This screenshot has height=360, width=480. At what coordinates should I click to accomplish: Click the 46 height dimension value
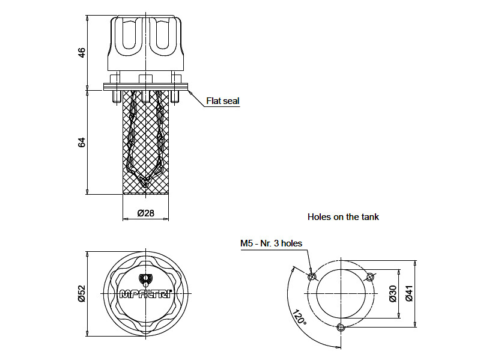tap(82, 52)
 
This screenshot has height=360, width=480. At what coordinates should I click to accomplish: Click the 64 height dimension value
tap(82, 142)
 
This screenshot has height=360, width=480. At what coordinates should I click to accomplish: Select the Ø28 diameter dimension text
tap(146, 213)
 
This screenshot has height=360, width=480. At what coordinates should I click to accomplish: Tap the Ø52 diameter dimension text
tap(82, 293)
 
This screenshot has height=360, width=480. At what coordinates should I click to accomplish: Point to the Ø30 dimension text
tap(392, 293)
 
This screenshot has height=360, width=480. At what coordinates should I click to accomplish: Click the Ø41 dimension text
tap(409, 293)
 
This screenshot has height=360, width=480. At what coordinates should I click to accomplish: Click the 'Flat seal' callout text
tap(222, 101)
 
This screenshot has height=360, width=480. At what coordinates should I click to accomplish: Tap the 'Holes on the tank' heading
tap(343, 216)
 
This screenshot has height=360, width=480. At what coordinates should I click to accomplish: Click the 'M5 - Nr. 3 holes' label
tap(271, 243)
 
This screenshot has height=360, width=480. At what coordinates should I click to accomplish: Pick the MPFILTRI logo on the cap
tap(146, 294)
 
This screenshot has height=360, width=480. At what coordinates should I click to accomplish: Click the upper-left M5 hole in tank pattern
tap(311, 276)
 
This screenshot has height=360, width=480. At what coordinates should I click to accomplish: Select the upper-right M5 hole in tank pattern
tap(370, 276)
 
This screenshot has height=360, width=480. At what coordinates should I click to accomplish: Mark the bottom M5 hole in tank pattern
tap(341, 328)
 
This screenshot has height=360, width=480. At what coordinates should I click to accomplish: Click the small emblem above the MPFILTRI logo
tap(146, 279)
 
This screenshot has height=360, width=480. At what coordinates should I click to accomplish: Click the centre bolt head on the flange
tap(146, 79)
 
